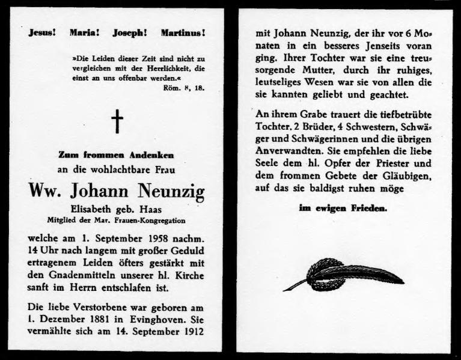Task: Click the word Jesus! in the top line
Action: pos(43,34)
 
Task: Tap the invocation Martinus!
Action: pos(183,34)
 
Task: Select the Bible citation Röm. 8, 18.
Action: pos(184,88)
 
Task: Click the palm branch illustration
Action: pos(343,274)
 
